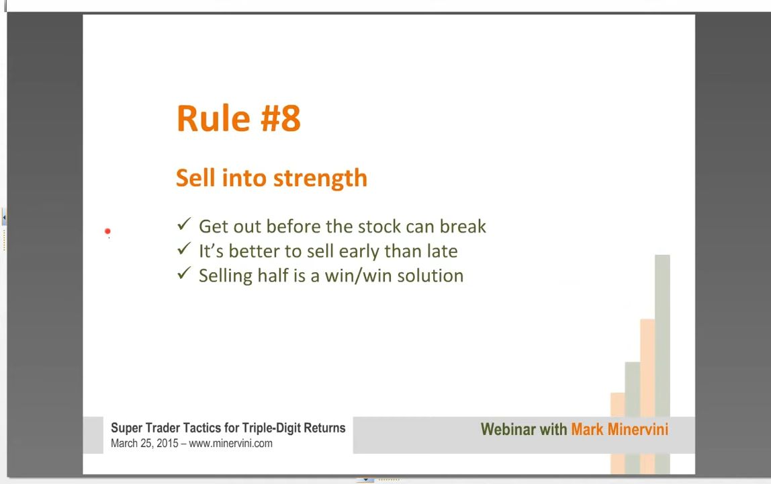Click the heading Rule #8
tap(238, 119)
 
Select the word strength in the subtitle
tap(320, 179)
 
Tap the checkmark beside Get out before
tap(184, 224)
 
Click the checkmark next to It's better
tap(184, 249)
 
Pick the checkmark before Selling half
tap(184, 274)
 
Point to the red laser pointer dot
tap(107, 231)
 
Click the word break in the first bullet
tap(463, 226)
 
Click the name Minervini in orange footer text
tap(638, 430)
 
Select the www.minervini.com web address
tap(230, 443)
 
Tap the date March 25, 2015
tap(144, 443)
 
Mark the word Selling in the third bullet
tap(226, 276)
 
